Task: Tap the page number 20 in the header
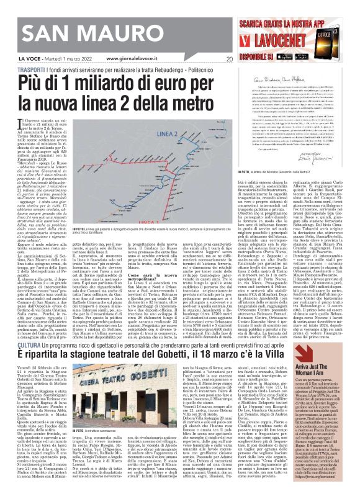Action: click(229, 59)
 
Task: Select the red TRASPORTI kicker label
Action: click(18, 71)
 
